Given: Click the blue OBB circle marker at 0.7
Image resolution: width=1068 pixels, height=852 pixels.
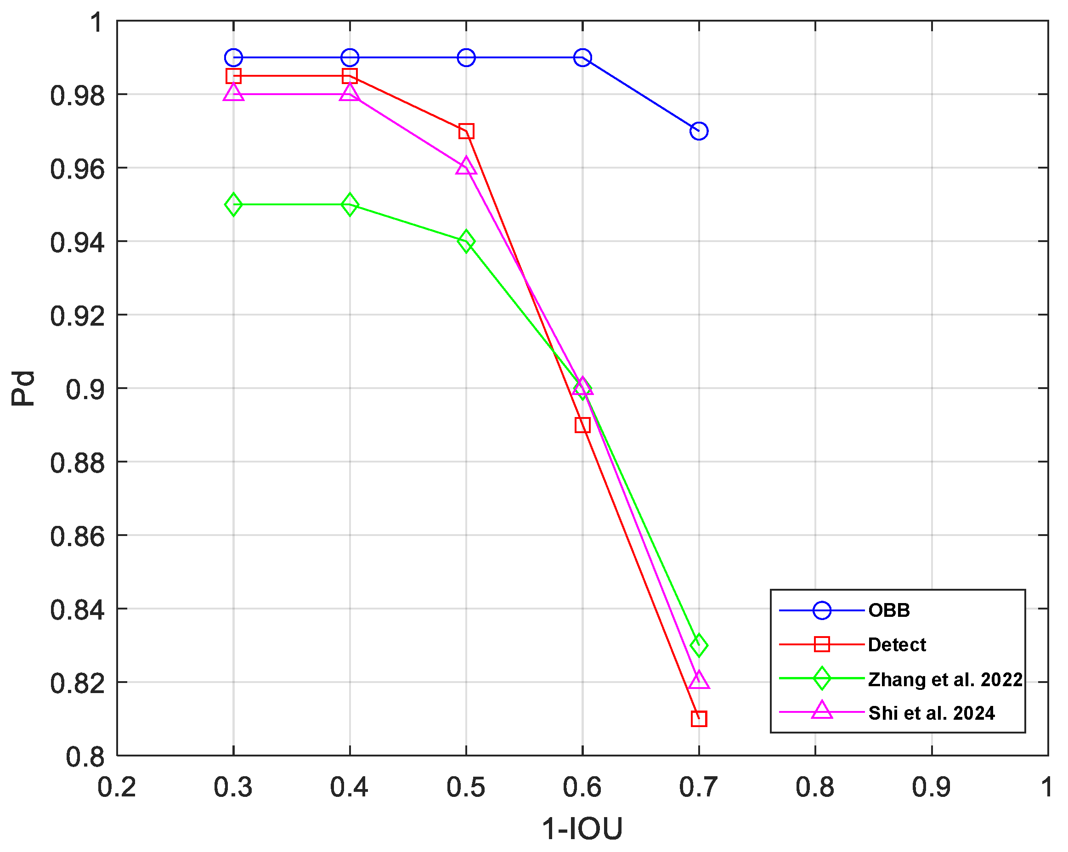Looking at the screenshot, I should tap(699, 131).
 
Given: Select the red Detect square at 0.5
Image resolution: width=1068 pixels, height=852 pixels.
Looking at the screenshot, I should tap(466, 131).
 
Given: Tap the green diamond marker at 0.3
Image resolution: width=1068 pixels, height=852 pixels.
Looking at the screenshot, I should tap(233, 204).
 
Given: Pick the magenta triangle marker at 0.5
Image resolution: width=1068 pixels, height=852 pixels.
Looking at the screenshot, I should tap(466, 166).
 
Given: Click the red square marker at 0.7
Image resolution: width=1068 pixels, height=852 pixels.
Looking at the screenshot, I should tap(699, 718).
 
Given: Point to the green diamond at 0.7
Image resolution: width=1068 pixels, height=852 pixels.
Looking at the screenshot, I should tap(699, 645).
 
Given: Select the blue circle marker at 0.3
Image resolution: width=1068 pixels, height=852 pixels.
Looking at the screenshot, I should tap(233, 57).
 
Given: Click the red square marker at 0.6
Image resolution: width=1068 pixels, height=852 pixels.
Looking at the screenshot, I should tap(582, 425).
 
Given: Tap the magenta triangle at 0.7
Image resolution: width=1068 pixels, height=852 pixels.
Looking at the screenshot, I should tap(699, 681).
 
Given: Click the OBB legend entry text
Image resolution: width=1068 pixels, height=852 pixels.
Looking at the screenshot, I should tap(889, 610).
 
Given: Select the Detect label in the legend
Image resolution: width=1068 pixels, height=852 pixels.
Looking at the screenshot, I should tap(897, 644).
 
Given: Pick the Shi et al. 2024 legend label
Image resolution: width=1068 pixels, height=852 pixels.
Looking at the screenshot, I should tap(931, 713).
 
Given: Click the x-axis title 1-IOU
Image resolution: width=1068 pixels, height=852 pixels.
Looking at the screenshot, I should tap(582, 828).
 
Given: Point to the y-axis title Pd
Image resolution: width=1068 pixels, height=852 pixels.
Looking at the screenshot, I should tap(23, 389).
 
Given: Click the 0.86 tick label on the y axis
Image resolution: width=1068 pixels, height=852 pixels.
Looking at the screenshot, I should tap(78, 536).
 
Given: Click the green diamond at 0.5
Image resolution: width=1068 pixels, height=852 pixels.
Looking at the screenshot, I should tap(466, 242).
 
